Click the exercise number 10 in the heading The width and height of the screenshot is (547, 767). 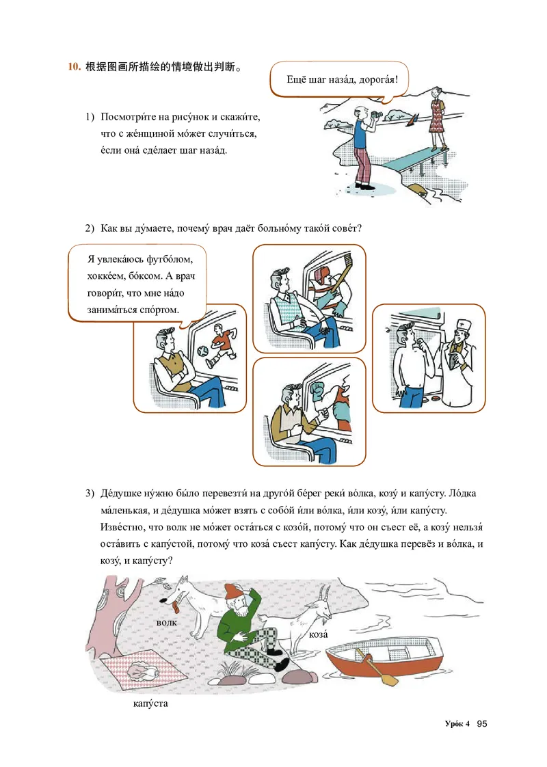pos(75,66)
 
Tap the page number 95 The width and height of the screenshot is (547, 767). pos(482,723)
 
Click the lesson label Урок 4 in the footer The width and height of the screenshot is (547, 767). pos(457,724)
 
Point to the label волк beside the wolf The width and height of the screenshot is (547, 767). pos(166,623)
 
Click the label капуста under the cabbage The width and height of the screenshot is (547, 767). pos(150,704)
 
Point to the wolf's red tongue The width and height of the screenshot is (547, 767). pos(174,607)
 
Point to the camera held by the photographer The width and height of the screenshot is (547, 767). pos(376,116)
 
